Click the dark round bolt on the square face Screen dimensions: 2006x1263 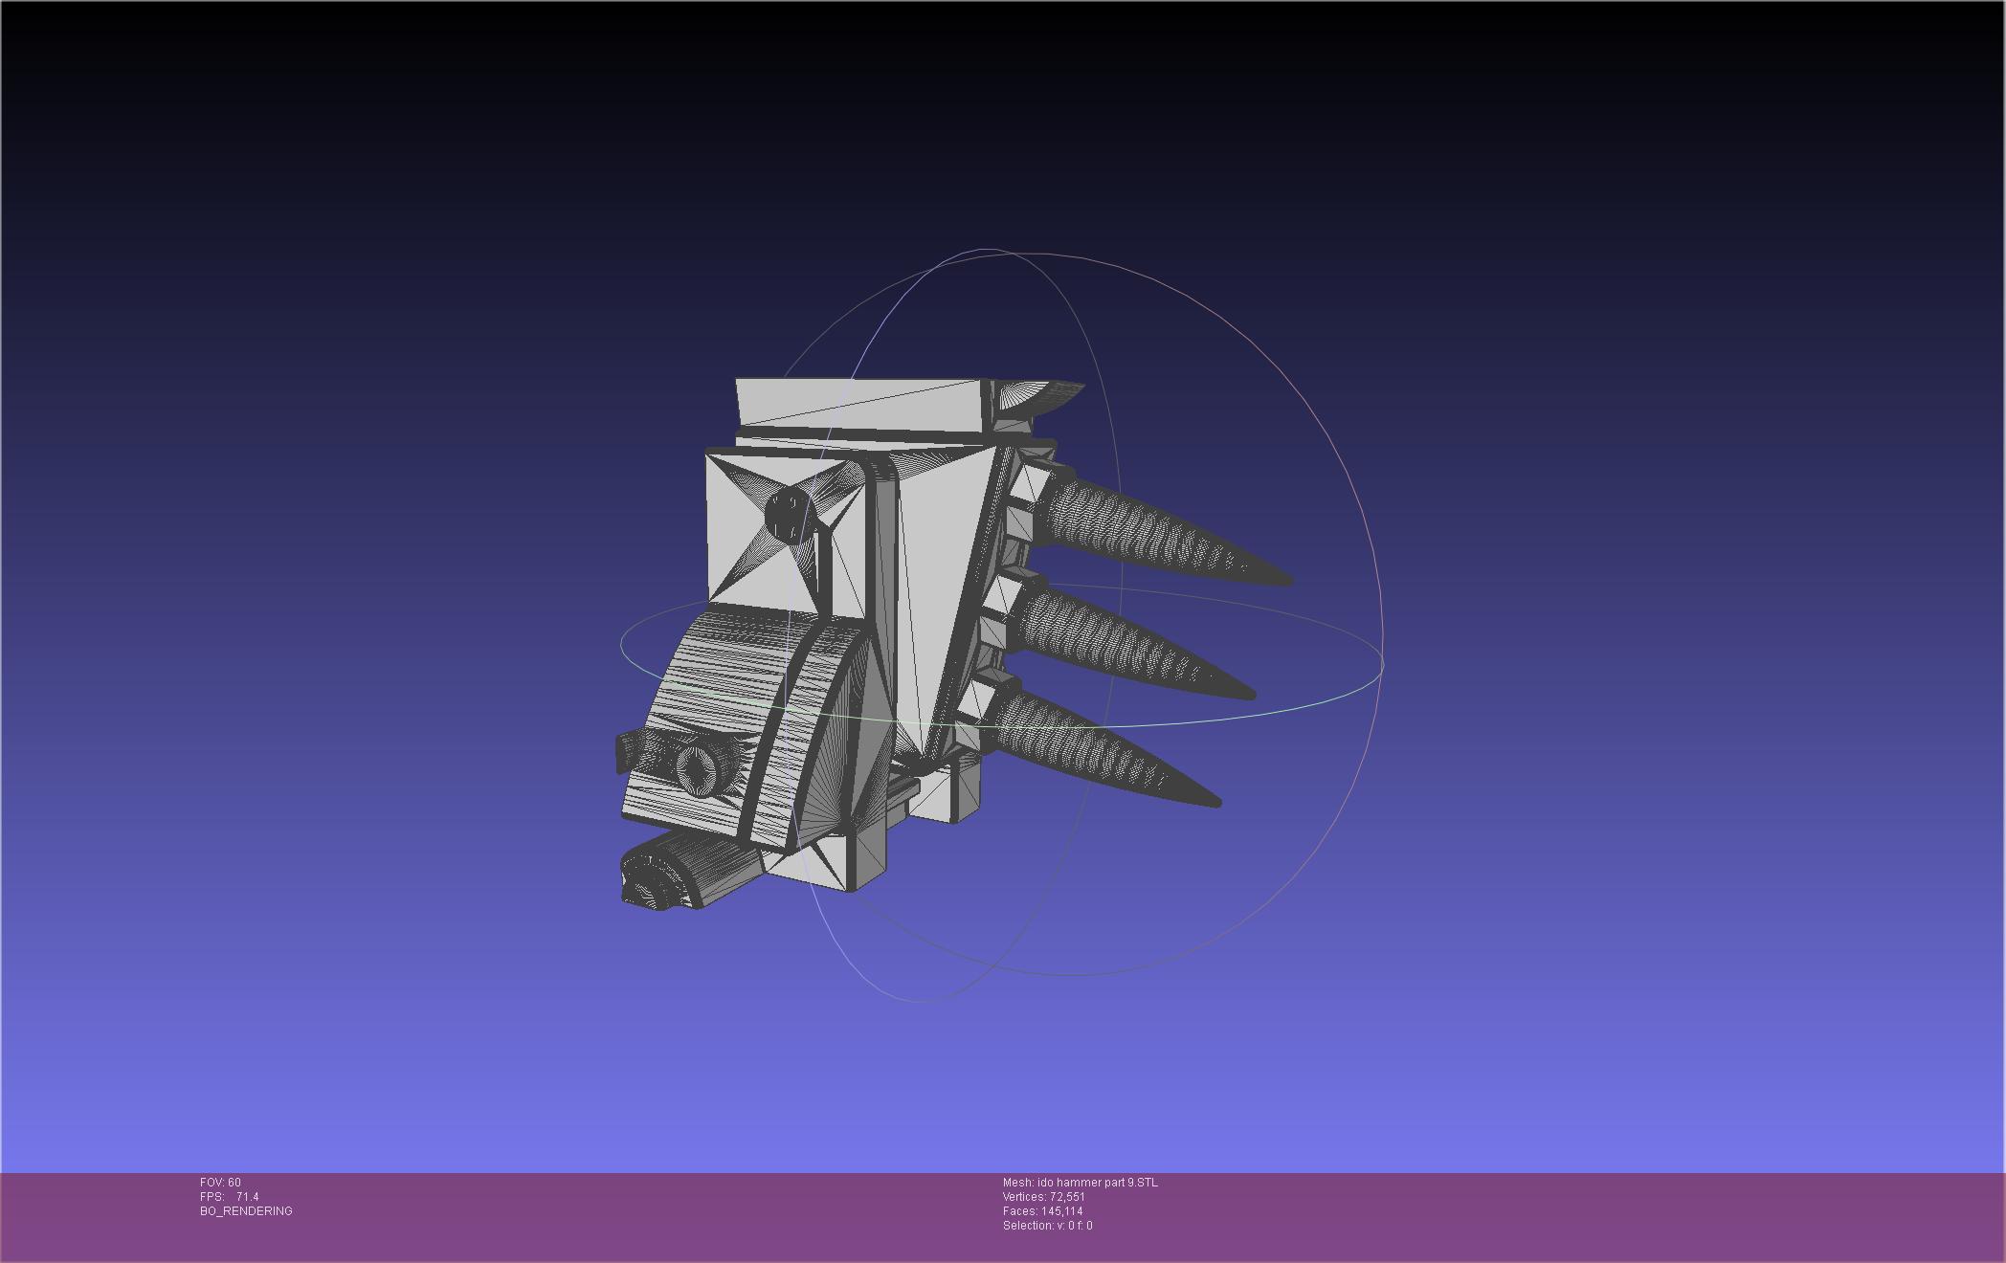pyautogui.click(x=787, y=516)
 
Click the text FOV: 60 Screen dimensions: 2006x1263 pyautogui.click(x=220, y=1183)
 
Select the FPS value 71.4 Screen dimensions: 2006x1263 pyautogui.click(x=247, y=1197)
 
